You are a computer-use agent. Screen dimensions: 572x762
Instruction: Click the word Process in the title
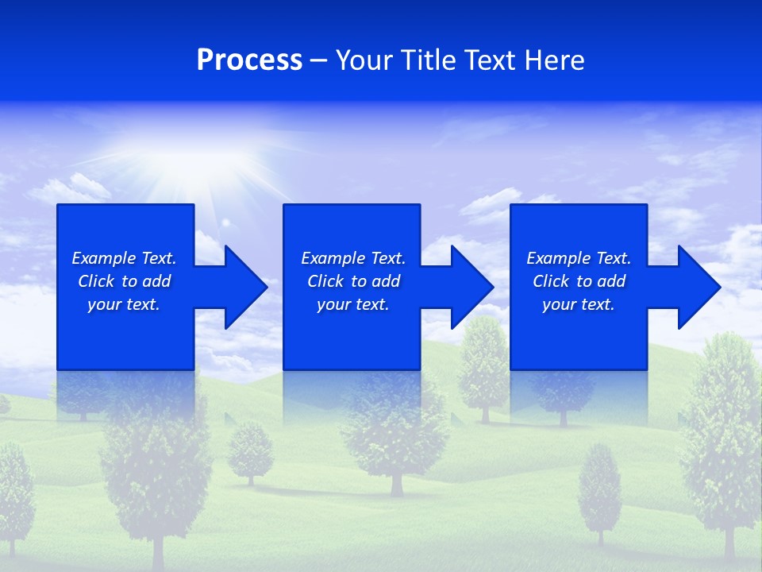click(249, 60)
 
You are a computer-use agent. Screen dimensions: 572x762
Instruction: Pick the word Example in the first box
click(104, 258)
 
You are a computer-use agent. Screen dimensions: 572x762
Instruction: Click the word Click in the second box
click(325, 281)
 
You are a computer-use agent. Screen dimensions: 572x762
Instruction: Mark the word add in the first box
click(156, 281)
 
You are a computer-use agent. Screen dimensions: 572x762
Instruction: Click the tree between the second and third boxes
click(483, 365)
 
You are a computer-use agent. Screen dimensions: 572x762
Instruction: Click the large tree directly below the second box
click(394, 437)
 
